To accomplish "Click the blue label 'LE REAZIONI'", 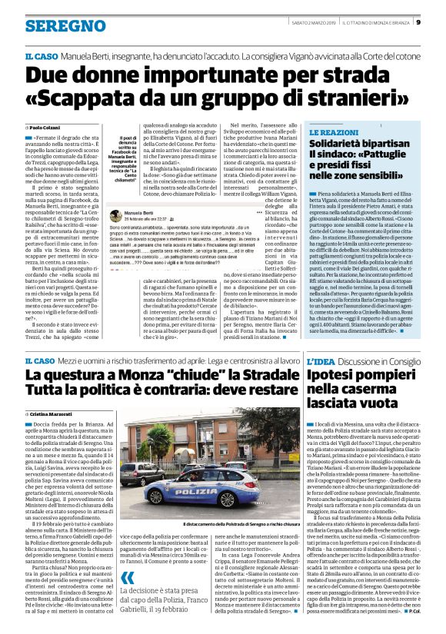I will pyautogui.click(x=334, y=133).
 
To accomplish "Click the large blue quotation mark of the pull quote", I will pyautogui.click(x=128, y=577).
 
